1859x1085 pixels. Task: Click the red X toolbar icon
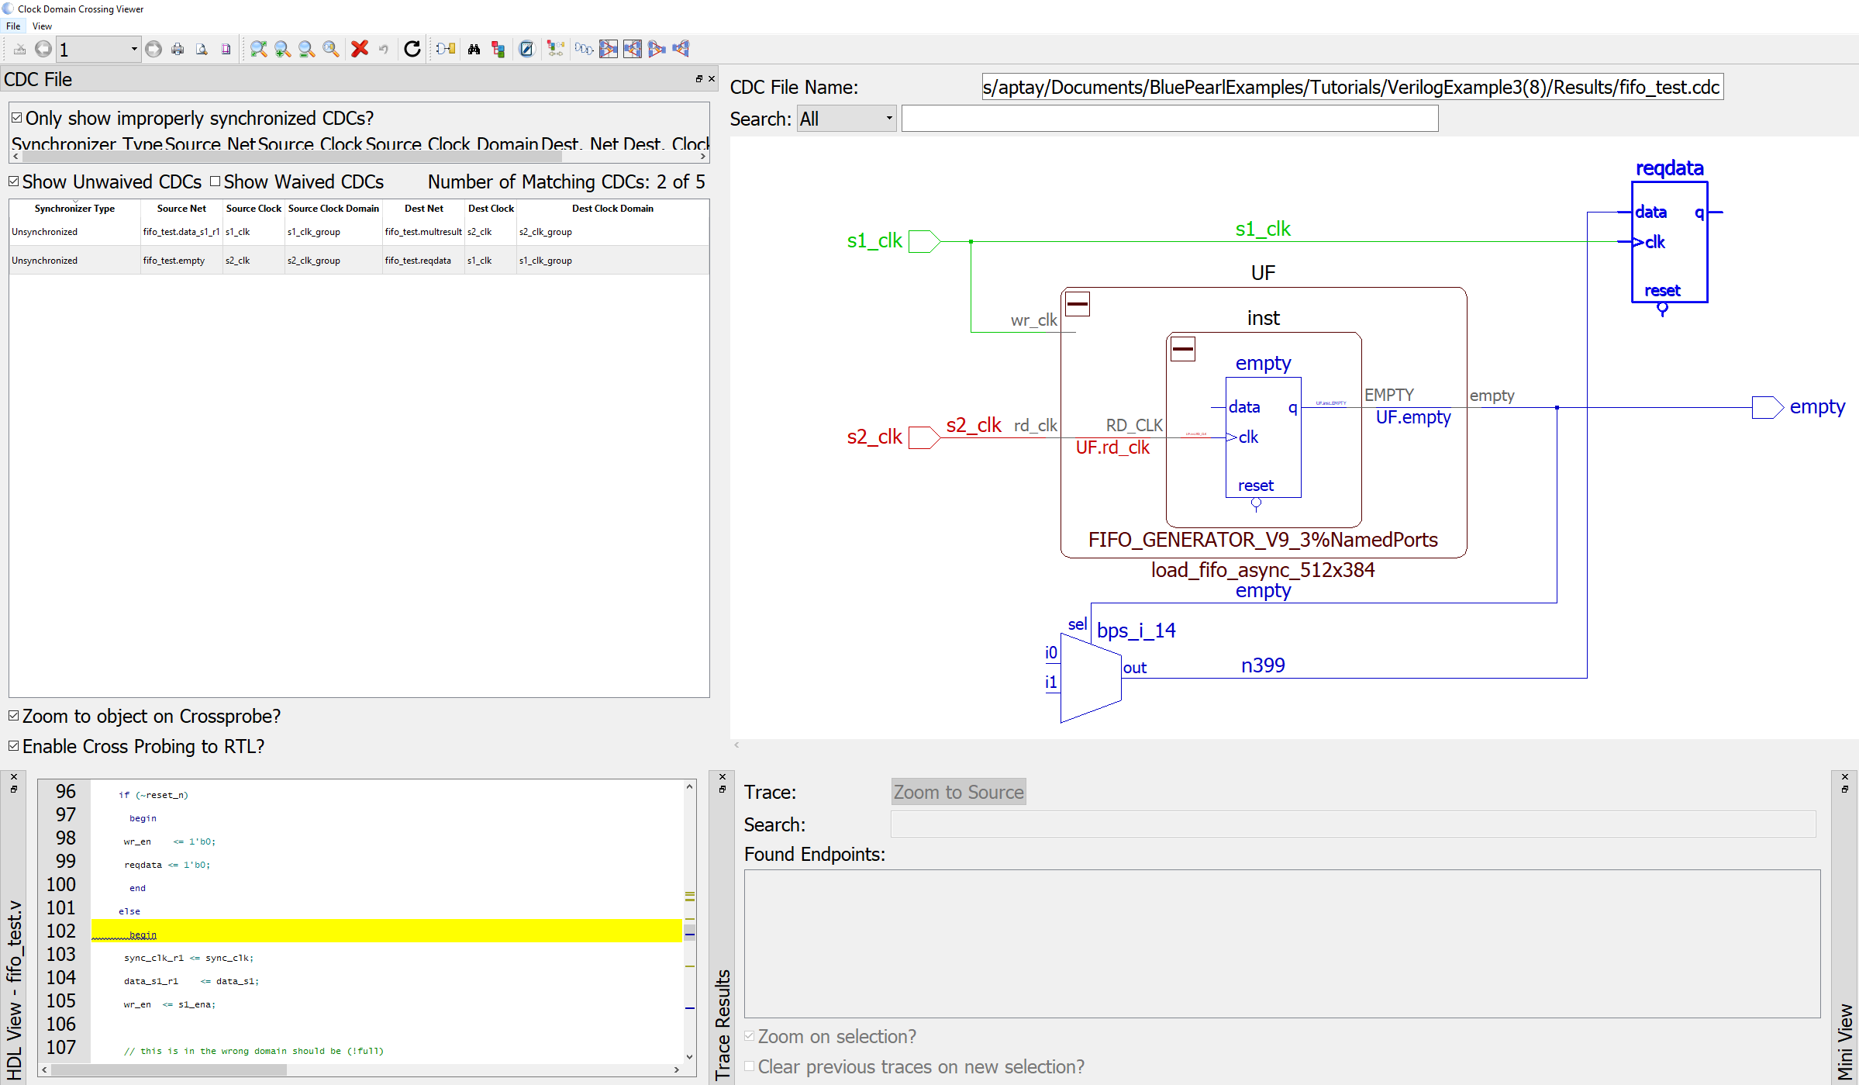[x=359, y=49]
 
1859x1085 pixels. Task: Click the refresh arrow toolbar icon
[x=412, y=49]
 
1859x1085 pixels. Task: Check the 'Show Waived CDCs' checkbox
[x=216, y=181]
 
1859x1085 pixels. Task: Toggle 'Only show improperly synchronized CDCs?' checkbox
[x=16, y=118]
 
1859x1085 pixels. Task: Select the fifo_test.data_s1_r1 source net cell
[x=181, y=232]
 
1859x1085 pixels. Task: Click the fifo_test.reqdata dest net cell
[x=418, y=261]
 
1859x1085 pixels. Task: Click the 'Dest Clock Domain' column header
[x=612, y=209]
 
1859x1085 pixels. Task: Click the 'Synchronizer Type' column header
[x=74, y=209]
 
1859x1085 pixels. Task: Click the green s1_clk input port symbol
[x=923, y=241]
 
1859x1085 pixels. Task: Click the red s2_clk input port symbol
[x=923, y=437]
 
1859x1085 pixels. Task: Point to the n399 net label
[x=1262, y=665]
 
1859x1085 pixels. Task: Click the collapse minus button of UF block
[x=1077, y=304]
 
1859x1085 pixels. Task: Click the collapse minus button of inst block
[x=1182, y=349]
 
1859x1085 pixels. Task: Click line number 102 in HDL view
[x=61, y=931]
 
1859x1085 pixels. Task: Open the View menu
[x=42, y=26]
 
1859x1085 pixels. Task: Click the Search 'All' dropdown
[x=847, y=119]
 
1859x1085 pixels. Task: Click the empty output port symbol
[x=1767, y=407]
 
